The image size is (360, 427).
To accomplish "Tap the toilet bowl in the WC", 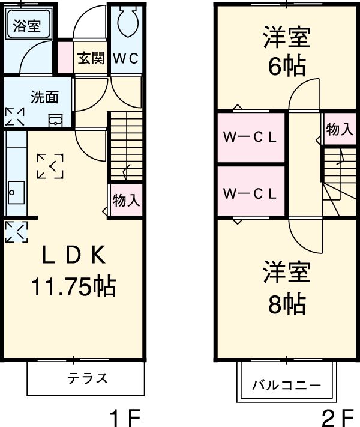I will (x=127, y=23).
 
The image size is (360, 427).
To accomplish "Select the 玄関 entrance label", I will (x=90, y=58).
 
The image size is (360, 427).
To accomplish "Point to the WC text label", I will (x=126, y=58).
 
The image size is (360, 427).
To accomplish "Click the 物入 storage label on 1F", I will (x=126, y=200).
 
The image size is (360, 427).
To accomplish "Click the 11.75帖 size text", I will (x=73, y=288).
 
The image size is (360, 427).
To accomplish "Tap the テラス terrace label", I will (x=87, y=378).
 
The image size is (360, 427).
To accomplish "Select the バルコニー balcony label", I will (x=286, y=385).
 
